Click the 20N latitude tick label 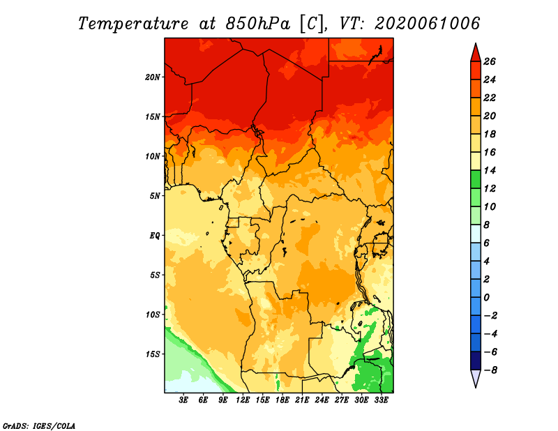tap(153, 77)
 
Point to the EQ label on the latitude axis tap(154, 235)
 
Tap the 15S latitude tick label tap(153, 354)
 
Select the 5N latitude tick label tap(155, 196)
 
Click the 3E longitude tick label tap(183, 400)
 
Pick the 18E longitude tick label tap(282, 400)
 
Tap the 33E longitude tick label tap(381, 400)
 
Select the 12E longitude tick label tap(242, 400)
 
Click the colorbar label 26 tap(490, 61)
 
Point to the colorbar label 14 tap(490, 170)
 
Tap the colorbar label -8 tap(490, 370)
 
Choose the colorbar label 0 tap(486, 298)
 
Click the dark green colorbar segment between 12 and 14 tap(476, 179)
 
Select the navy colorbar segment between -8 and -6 tap(476, 361)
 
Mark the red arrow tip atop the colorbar tap(476, 44)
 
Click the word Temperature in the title tap(133, 24)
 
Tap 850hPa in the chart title tap(257, 24)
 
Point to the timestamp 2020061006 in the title tap(427, 24)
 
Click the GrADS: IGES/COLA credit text tap(39, 426)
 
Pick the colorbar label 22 tap(490, 98)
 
